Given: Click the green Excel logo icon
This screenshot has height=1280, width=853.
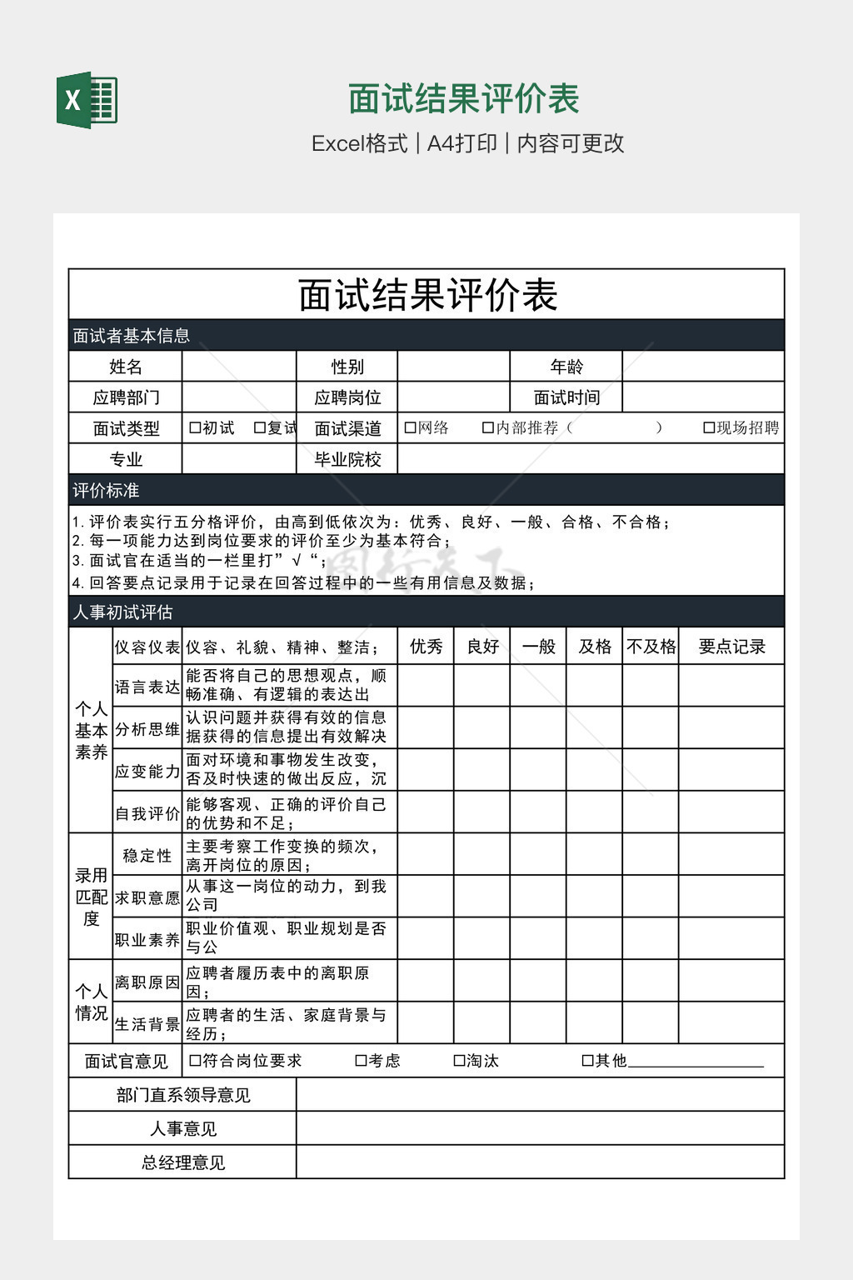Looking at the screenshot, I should tap(87, 100).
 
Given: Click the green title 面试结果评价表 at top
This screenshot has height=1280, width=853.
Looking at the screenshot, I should tap(463, 98).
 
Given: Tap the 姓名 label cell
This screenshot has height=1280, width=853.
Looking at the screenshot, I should tap(126, 367).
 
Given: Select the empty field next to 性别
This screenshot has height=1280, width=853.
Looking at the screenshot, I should tap(453, 367).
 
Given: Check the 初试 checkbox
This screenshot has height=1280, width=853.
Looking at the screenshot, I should tap(195, 428).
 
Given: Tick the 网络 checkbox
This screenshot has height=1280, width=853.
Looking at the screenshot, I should tap(410, 428).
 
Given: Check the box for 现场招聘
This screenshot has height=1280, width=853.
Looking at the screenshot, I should tap(709, 428).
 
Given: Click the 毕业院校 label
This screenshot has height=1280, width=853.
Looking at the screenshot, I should tap(347, 459).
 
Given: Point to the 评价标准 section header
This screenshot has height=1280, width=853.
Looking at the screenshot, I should tap(106, 490).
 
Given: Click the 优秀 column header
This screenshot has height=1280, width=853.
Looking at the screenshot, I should tap(426, 647).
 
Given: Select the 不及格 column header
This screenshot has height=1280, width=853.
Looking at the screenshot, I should tap(651, 647).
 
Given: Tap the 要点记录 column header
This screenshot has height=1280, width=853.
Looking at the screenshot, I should tap(731, 647).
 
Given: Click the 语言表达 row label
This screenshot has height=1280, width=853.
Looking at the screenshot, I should tap(147, 687).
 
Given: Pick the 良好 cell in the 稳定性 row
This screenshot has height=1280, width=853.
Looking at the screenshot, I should tap(482, 854).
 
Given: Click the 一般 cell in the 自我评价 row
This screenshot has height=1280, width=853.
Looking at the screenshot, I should tap(538, 812).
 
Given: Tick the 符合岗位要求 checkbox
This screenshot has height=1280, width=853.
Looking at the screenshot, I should tap(195, 1061).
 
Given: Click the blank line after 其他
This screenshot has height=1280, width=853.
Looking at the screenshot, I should tap(696, 1061).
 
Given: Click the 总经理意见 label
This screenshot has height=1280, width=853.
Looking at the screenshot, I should tap(182, 1162).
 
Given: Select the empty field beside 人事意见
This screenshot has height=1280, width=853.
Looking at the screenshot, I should tap(540, 1128).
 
